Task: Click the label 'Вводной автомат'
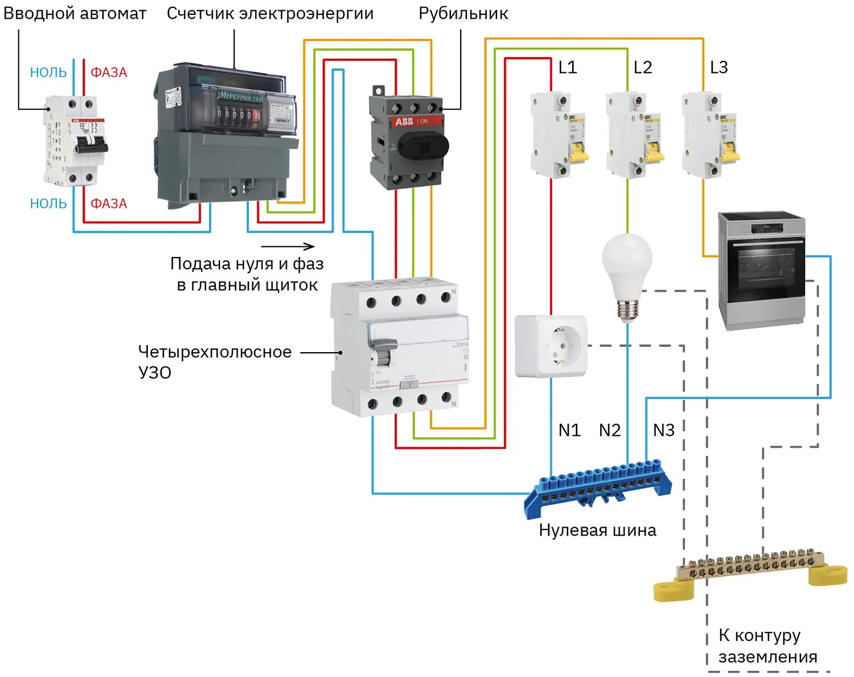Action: click(75, 14)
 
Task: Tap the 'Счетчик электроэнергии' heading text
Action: click(270, 14)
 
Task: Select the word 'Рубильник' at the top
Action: click(463, 14)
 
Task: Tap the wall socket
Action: click(551, 346)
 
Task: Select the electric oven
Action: click(762, 270)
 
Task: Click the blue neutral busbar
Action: click(598, 487)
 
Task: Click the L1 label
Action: click(568, 68)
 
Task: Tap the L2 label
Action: click(643, 68)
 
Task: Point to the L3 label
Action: click(719, 68)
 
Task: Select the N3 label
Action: click(664, 430)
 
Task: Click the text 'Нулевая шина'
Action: click(597, 531)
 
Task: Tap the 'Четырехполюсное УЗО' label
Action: click(215, 362)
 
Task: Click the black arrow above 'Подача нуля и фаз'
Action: click(288, 246)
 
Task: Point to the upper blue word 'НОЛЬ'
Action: click(48, 73)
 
